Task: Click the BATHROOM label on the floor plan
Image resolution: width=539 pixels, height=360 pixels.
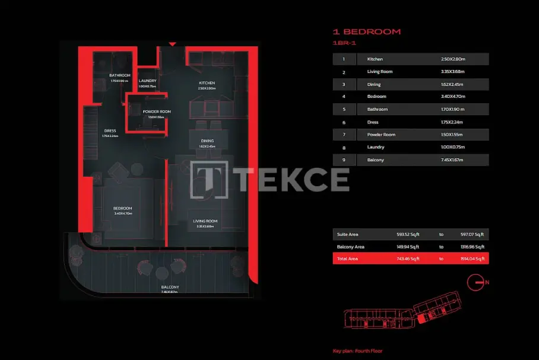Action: click(120, 75)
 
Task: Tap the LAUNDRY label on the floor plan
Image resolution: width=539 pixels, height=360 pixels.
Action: click(147, 81)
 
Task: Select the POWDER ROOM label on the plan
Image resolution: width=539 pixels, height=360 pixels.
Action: click(157, 111)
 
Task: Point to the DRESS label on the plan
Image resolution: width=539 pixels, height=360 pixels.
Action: click(110, 130)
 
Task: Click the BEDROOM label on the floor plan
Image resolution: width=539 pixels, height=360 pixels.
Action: click(123, 208)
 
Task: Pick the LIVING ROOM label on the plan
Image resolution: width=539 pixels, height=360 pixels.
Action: click(205, 221)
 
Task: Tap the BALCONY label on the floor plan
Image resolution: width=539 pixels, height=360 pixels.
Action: click(170, 287)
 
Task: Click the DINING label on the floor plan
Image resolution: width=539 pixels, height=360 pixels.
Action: click(207, 141)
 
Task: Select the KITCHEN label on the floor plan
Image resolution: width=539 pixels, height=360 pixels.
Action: click(207, 82)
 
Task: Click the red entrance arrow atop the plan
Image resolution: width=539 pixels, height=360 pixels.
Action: click(172, 43)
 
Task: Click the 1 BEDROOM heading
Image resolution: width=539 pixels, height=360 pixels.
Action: click(366, 31)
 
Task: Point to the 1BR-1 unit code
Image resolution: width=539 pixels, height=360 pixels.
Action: click(344, 43)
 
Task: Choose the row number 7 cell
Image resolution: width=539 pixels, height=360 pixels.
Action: click(344, 135)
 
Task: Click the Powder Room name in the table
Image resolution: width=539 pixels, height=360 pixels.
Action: click(381, 135)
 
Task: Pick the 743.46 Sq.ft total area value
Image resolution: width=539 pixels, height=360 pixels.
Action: click(408, 259)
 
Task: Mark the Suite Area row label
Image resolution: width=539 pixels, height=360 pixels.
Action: click(347, 234)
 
